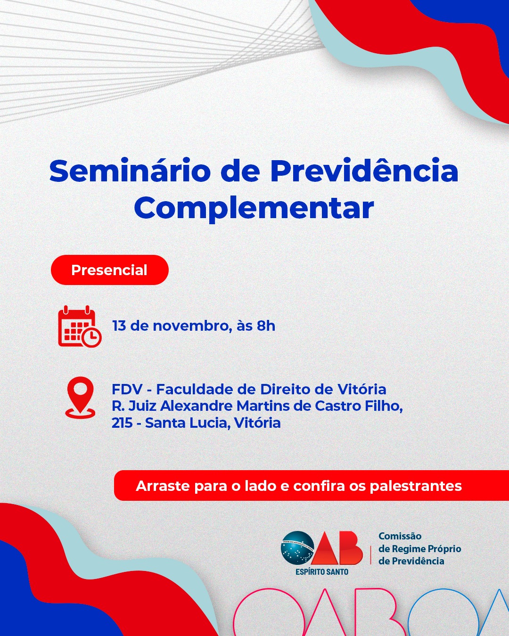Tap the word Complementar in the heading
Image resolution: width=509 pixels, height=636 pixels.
tap(254, 208)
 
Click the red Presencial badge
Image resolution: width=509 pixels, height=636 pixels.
tap(110, 270)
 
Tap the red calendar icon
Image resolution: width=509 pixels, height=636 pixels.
tap(80, 326)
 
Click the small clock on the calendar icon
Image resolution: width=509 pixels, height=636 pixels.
tap(92, 337)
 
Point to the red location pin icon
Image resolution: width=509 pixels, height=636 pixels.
tap(80, 397)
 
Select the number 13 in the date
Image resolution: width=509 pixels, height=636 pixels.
tap(119, 326)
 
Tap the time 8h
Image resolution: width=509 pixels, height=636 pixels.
tap(266, 326)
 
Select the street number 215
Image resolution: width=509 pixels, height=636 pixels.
tap(122, 423)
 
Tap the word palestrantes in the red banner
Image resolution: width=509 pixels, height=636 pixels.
tap(416, 486)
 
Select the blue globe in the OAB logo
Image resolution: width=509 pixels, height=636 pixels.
tap(297, 548)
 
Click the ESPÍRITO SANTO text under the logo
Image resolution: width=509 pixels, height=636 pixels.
tap(322, 572)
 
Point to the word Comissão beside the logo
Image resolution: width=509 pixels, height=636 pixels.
tap(400, 536)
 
